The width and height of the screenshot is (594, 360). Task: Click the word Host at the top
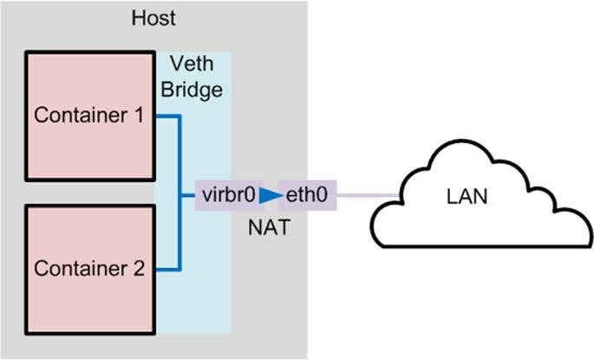click(x=154, y=17)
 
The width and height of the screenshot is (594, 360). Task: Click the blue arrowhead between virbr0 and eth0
click(x=271, y=195)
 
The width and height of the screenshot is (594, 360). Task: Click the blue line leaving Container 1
click(x=166, y=115)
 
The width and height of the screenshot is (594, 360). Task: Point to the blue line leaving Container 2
click(x=166, y=268)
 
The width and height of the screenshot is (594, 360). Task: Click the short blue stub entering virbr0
click(x=188, y=195)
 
